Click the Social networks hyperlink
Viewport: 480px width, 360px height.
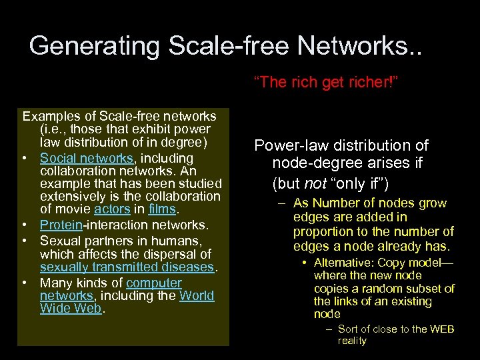pyautogui.click(x=87, y=158)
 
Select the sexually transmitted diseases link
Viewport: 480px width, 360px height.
pyautogui.click(x=127, y=267)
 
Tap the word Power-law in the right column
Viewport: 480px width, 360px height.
pyautogui.click(x=287, y=145)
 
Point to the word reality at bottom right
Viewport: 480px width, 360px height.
pyautogui.click(x=352, y=341)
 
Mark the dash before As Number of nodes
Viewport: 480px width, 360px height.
pyautogui.click(x=283, y=203)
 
